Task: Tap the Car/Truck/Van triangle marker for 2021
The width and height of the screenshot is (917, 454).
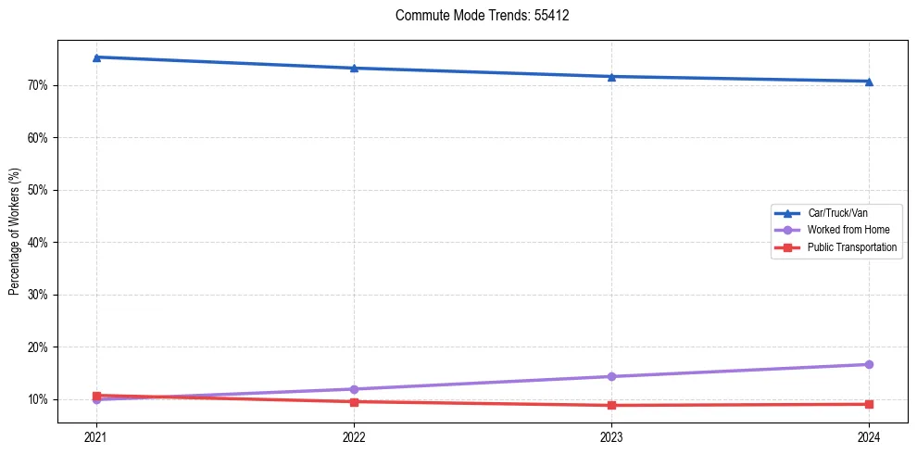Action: tap(96, 57)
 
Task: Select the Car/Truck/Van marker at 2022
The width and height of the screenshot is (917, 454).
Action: tap(354, 68)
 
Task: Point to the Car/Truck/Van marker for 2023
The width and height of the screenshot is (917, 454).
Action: tap(611, 76)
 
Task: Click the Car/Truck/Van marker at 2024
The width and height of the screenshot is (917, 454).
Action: tap(869, 82)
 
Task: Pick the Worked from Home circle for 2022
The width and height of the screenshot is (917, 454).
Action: tap(354, 389)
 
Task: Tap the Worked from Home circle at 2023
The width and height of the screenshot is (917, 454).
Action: tap(611, 376)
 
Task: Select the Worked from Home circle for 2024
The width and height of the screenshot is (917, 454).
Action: tap(869, 364)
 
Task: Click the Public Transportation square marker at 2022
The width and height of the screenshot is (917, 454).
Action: tap(354, 401)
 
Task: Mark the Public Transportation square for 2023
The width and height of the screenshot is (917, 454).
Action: tap(611, 405)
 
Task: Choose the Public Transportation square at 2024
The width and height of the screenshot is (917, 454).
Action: tap(869, 404)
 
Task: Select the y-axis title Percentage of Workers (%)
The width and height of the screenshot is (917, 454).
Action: tap(15, 232)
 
